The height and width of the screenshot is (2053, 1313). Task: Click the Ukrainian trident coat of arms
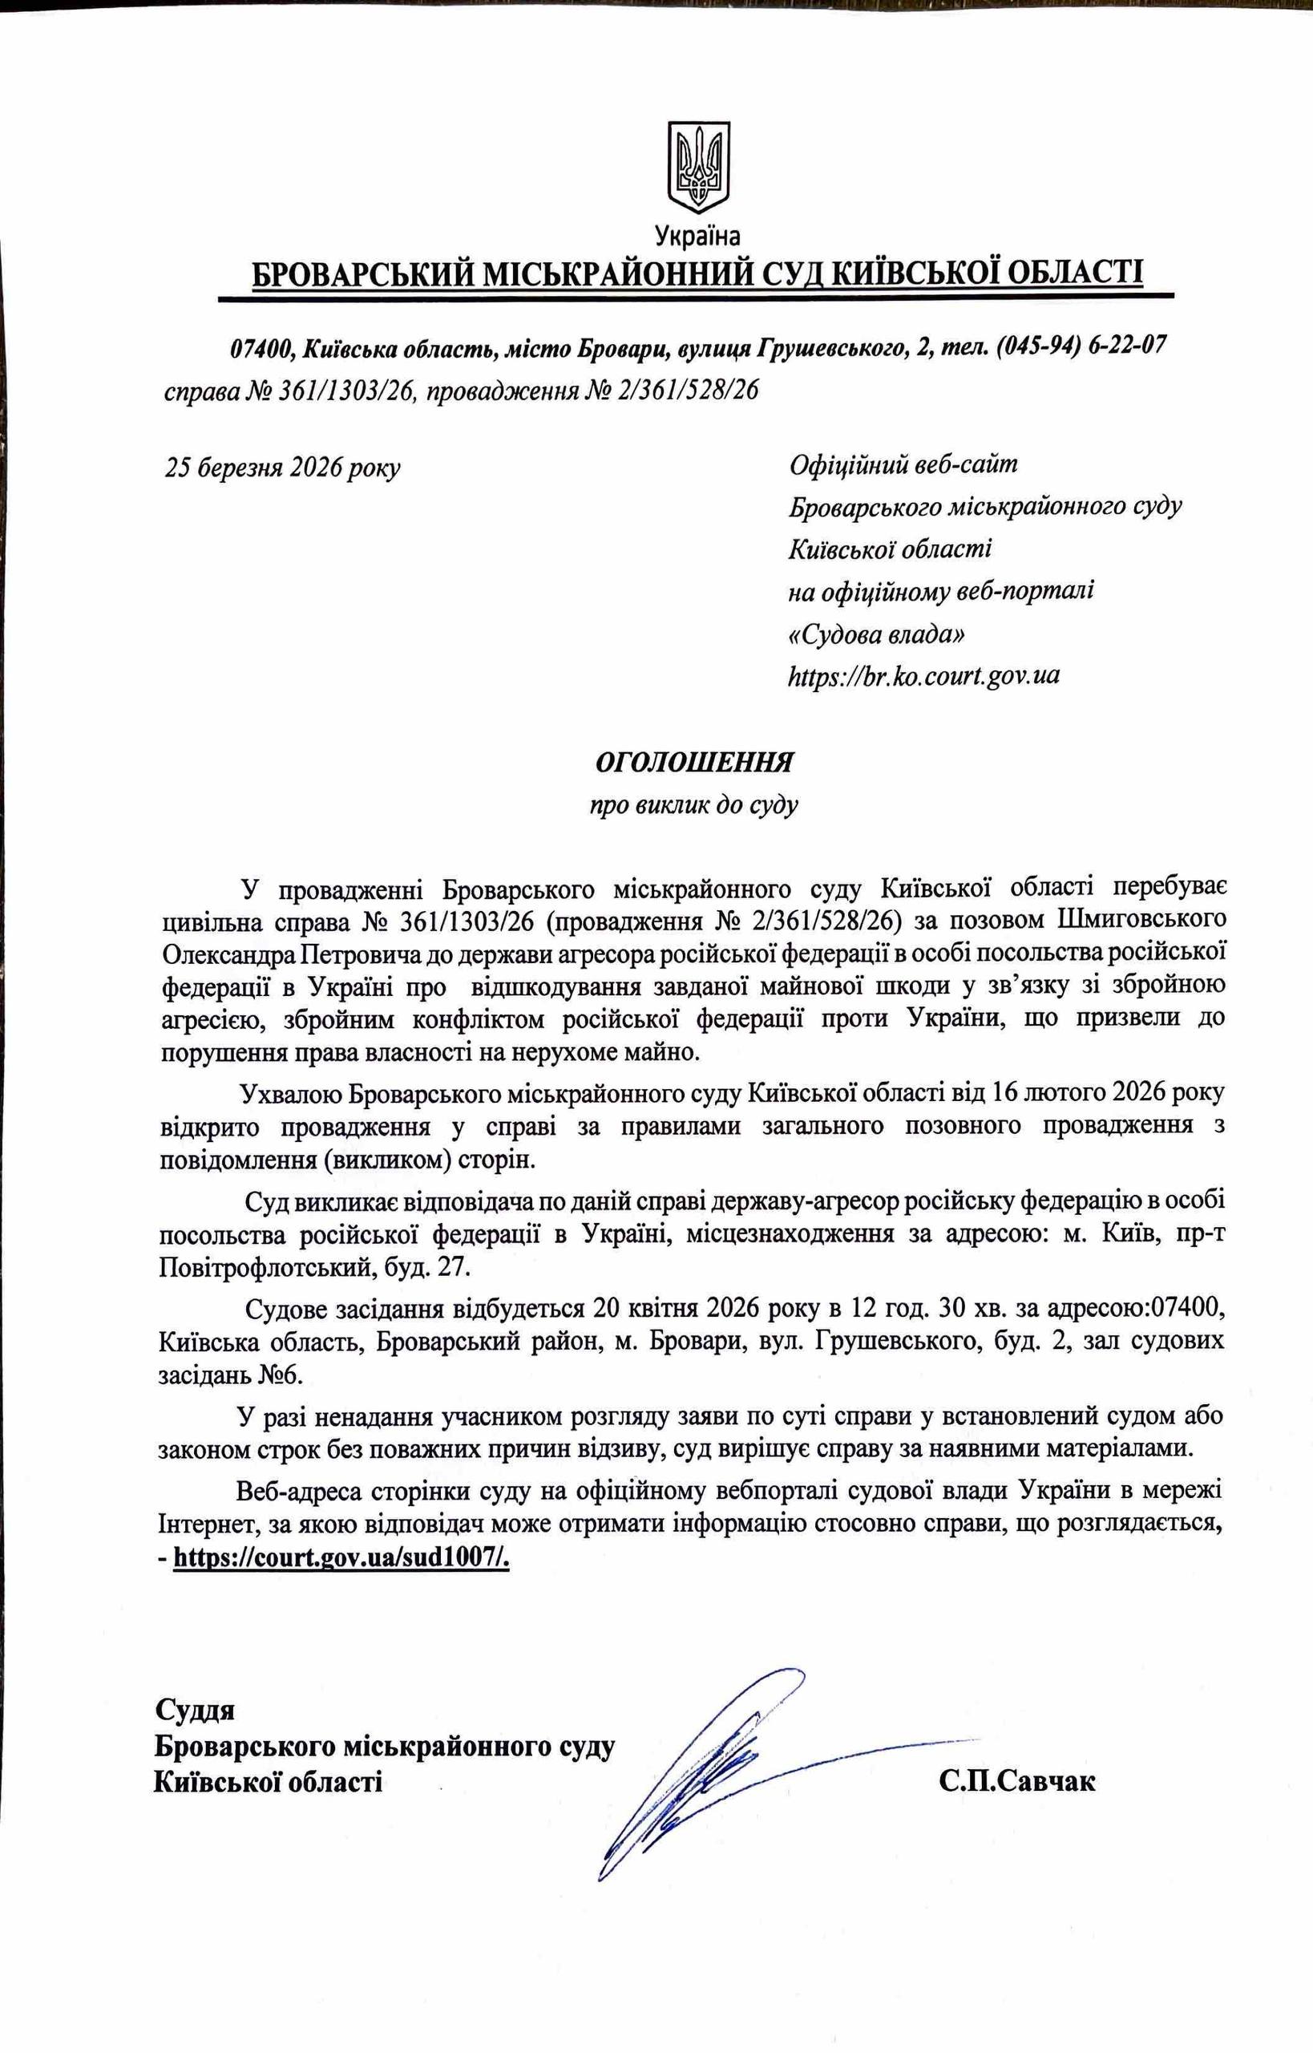point(698,165)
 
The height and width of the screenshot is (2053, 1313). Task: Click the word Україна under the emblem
point(697,234)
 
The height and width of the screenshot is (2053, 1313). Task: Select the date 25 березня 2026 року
point(282,468)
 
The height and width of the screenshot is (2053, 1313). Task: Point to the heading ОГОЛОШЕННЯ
point(694,762)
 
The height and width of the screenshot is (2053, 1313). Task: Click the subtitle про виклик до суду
point(694,804)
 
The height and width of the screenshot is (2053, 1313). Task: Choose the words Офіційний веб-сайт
point(903,465)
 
